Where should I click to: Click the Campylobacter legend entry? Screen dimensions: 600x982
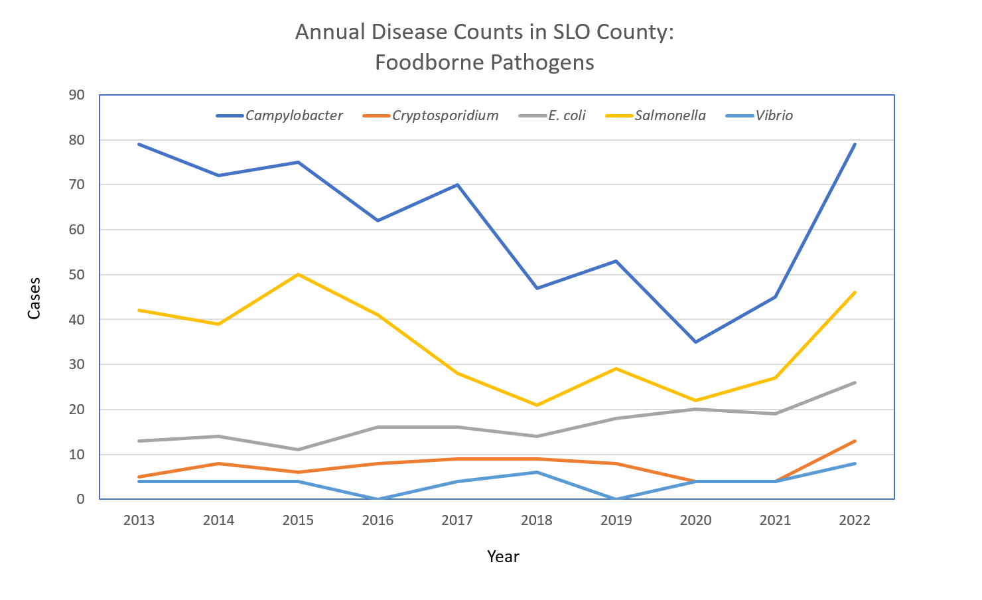tap(293, 115)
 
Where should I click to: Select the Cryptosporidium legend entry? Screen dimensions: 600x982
tap(445, 115)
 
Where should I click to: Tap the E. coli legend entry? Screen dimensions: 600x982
tap(566, 115)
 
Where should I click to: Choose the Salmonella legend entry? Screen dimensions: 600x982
tap(669, 115)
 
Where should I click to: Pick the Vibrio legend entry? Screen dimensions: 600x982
tap(774, 115)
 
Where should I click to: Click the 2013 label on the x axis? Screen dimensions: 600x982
tap(139, 520)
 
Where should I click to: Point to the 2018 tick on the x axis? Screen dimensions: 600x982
tap(537, 520)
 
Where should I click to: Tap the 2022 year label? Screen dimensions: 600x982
tap(855, 520)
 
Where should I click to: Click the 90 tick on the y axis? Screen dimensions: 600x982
tap(77, 95)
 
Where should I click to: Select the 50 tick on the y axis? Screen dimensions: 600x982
tap(77, 275)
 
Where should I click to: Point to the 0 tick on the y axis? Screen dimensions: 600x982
tap(81, 499)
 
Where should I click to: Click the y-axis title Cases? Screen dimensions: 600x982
tap(35, 298)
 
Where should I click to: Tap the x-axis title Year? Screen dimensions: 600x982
tap(503, 556)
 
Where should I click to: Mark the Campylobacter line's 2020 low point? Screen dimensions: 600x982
tap(695, 342)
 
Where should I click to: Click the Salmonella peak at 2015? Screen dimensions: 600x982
tap(298, 274)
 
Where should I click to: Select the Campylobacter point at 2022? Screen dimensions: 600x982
tap(855, 144)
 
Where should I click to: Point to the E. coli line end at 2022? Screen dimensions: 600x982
tap(855, 382)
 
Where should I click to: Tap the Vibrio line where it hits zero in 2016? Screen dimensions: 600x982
tap(378, 498)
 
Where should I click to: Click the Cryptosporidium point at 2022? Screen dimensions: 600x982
tap(855, 441)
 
